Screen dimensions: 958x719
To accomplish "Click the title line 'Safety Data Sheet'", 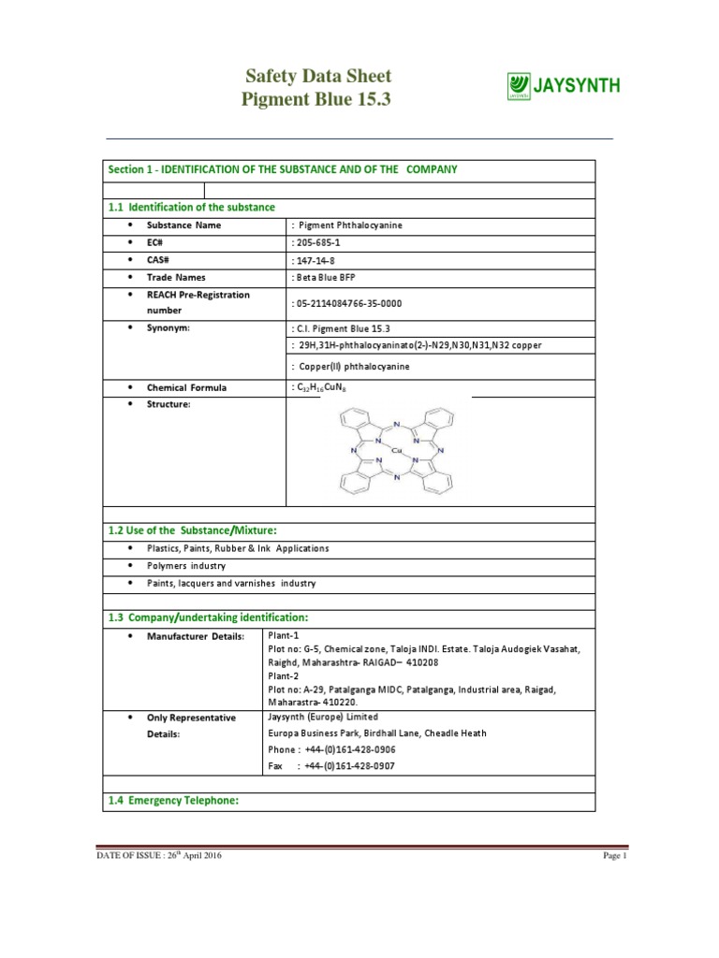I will (x=318, y=77).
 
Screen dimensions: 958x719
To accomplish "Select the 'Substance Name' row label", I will (x=183, y=225).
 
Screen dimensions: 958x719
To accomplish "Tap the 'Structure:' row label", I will (x=169, y=404).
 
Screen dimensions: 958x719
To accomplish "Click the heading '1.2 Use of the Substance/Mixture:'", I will (x=193, y=530).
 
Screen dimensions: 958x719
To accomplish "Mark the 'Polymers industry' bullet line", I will (x=186, y=566).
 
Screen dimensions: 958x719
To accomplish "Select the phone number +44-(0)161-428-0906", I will (x=349, y=750).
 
